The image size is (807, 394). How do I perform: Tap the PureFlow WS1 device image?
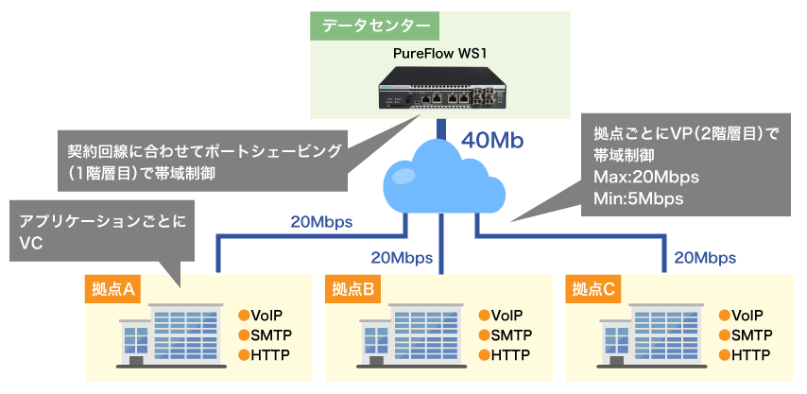click(x=440, y=89)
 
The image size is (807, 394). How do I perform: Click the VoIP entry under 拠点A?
click(x=267, y=316)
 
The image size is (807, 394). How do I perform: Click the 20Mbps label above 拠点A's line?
click(x=321, y=223)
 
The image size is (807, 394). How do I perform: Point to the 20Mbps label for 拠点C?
click(x=705, y=257)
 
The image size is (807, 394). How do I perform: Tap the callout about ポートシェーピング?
click(x=203, y=162)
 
